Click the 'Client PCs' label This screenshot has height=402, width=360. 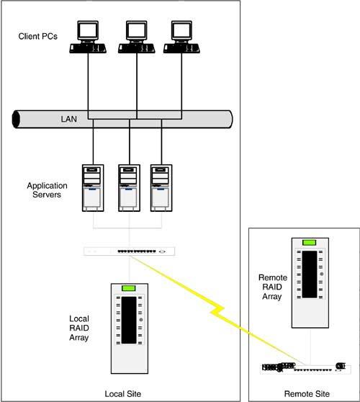(x=37, y=37)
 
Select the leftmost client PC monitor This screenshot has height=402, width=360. (x=88, y=32)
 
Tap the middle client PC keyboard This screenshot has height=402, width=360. (x=136, y=48)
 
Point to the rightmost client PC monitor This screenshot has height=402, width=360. (x=181, y=32)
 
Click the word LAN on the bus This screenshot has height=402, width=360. (x=68, y=119)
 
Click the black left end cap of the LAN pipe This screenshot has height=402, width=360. (x=16, y=119)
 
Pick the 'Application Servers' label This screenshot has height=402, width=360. (x=47, y=190)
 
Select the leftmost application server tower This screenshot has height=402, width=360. (x=93, y=188)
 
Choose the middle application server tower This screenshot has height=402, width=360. (x=129, y=188)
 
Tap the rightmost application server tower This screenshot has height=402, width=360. (x=161, y=188)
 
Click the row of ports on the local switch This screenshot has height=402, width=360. (x=137, y=251)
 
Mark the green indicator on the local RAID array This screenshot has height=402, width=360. (x=129, y=288)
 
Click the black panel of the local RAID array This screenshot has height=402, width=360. (x=129, y=320)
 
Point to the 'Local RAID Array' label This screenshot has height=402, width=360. (x=79, y=329)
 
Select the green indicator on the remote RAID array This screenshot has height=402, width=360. (x=310, y=243)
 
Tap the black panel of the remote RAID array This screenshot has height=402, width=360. (x=310, y=274)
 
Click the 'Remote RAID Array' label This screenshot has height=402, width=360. (x=273, y=287)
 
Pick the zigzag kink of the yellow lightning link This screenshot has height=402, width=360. (x=217, y=310)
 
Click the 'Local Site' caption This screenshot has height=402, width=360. (x=122, y=394)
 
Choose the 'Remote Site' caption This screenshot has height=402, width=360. (x=307, y=393)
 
